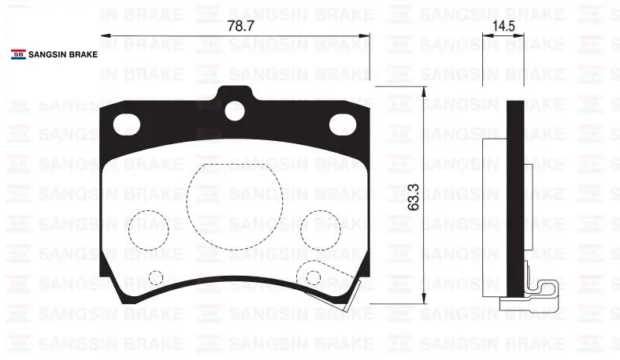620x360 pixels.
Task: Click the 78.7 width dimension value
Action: [240, 26]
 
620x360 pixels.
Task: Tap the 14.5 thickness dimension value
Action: [503, 26]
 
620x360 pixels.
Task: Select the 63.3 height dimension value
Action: [413, 197]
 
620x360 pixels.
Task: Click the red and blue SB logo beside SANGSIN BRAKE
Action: [19, 54]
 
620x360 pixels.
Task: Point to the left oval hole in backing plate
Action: [127, 124]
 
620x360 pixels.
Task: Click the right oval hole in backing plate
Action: [343, 124]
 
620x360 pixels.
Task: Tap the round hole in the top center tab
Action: [235, 110]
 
